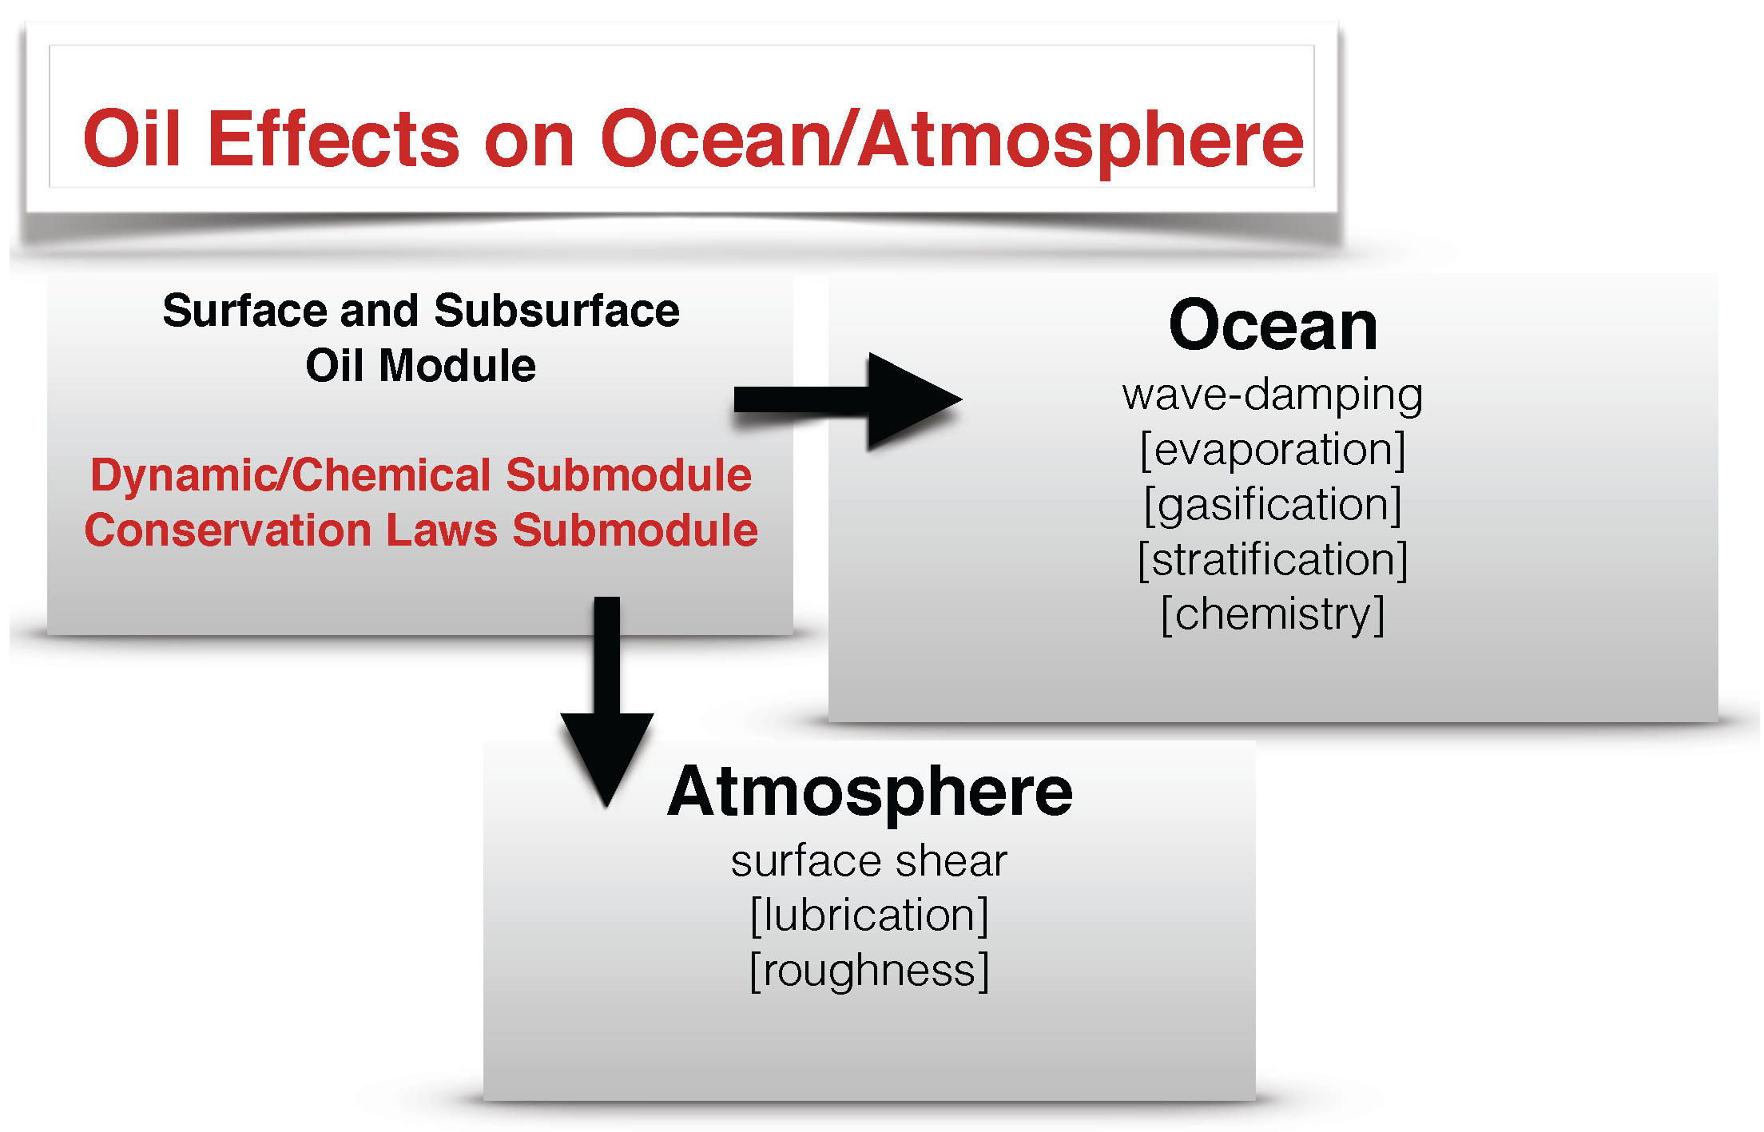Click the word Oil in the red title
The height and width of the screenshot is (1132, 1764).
click(x=133, y=139)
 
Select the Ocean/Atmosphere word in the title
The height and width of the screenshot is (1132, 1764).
click(x=951, y=141)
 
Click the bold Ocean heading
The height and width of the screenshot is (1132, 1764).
click(x=1273, y=326)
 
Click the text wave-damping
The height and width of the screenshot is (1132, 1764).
click(x=1272, y=395)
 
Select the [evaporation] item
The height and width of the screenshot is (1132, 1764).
click(x=1272, y=450)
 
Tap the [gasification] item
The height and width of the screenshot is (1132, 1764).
click(x=1272, y=505)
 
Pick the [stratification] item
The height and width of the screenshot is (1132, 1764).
click(x=1272, y=559)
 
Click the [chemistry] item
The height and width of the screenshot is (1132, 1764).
click(x=1272, y=614)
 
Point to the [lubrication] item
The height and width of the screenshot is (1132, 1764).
click(x=869, y=916)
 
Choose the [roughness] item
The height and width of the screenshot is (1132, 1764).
click(x=869, y=971)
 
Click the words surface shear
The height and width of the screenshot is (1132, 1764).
click(x=869, y=861)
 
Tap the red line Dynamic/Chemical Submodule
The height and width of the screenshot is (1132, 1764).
click(x=421, y=475)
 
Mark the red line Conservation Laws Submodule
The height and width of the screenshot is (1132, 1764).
click(x=421, y=530)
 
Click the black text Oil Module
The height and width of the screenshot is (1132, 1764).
click(x=420, y=366)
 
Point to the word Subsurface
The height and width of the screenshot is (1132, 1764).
click(x=557, y=311)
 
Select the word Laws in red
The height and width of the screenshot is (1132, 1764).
click(x=442, y=530)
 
